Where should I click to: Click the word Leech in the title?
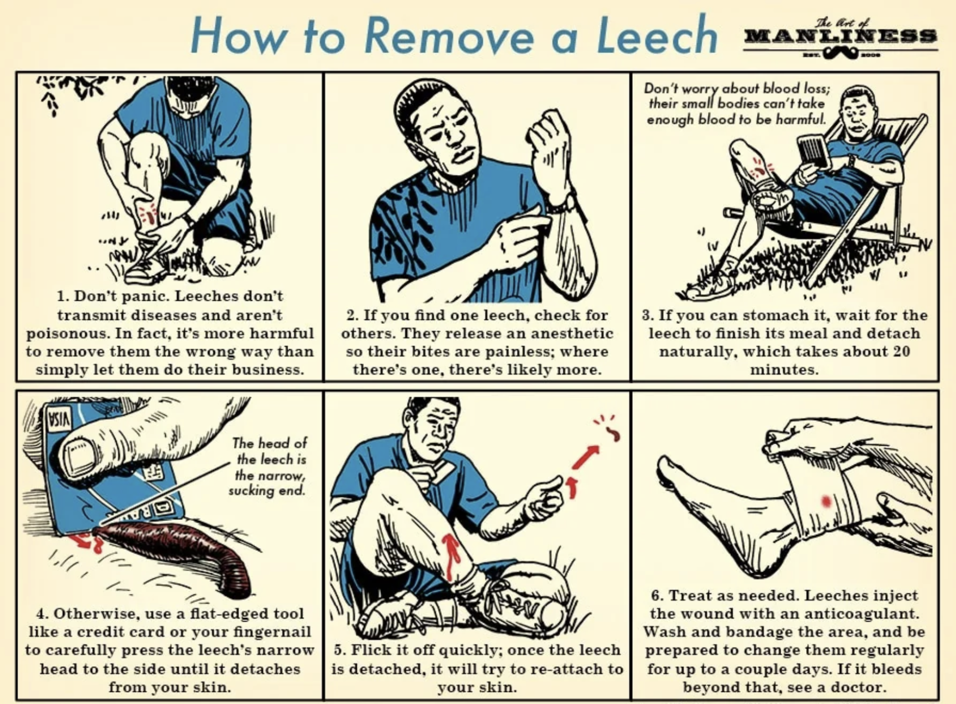click(x=657, y=35)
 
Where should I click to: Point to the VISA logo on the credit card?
click(x=60, y=417)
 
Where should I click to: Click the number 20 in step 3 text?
click(x=900, y=351)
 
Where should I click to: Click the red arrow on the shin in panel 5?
click(x=452, y=557)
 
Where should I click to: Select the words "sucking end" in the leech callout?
click(x=267, y=490)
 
